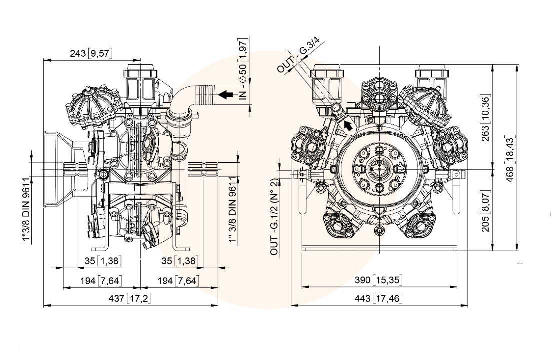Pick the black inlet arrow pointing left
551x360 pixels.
pyautogui.click(x=227, y=94)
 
